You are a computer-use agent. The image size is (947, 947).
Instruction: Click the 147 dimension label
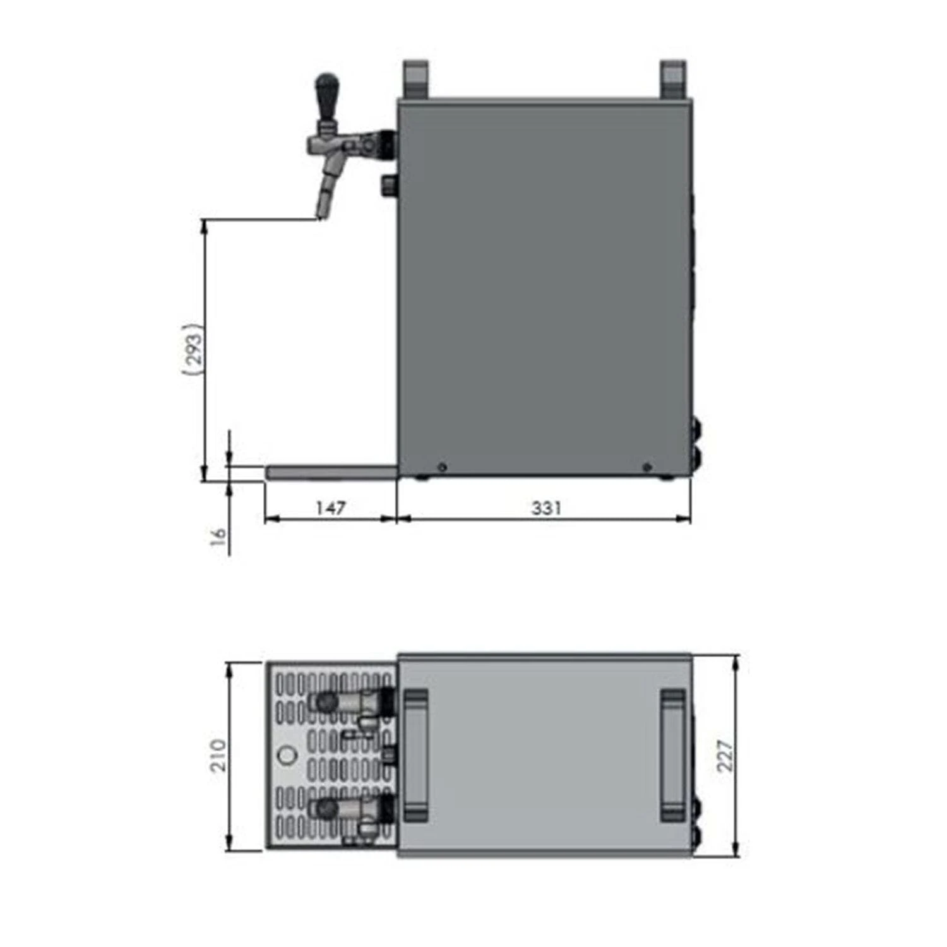[330, 508]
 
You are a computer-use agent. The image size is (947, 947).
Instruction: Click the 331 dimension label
[545, 508]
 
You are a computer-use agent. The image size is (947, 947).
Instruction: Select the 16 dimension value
[218, 537]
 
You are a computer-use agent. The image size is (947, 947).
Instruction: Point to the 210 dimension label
[218, 755]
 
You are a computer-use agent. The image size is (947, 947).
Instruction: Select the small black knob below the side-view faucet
[388, 185]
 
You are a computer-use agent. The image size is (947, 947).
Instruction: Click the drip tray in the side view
[331, 473]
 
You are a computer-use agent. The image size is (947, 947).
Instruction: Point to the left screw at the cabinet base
[442, 467]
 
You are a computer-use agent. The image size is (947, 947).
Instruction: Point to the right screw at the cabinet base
[646, 467]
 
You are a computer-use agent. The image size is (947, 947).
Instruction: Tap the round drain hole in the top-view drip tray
[287, 755]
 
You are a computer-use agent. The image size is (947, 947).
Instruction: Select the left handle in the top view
[415, 755]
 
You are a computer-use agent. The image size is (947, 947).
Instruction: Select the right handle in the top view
[673, 755]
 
